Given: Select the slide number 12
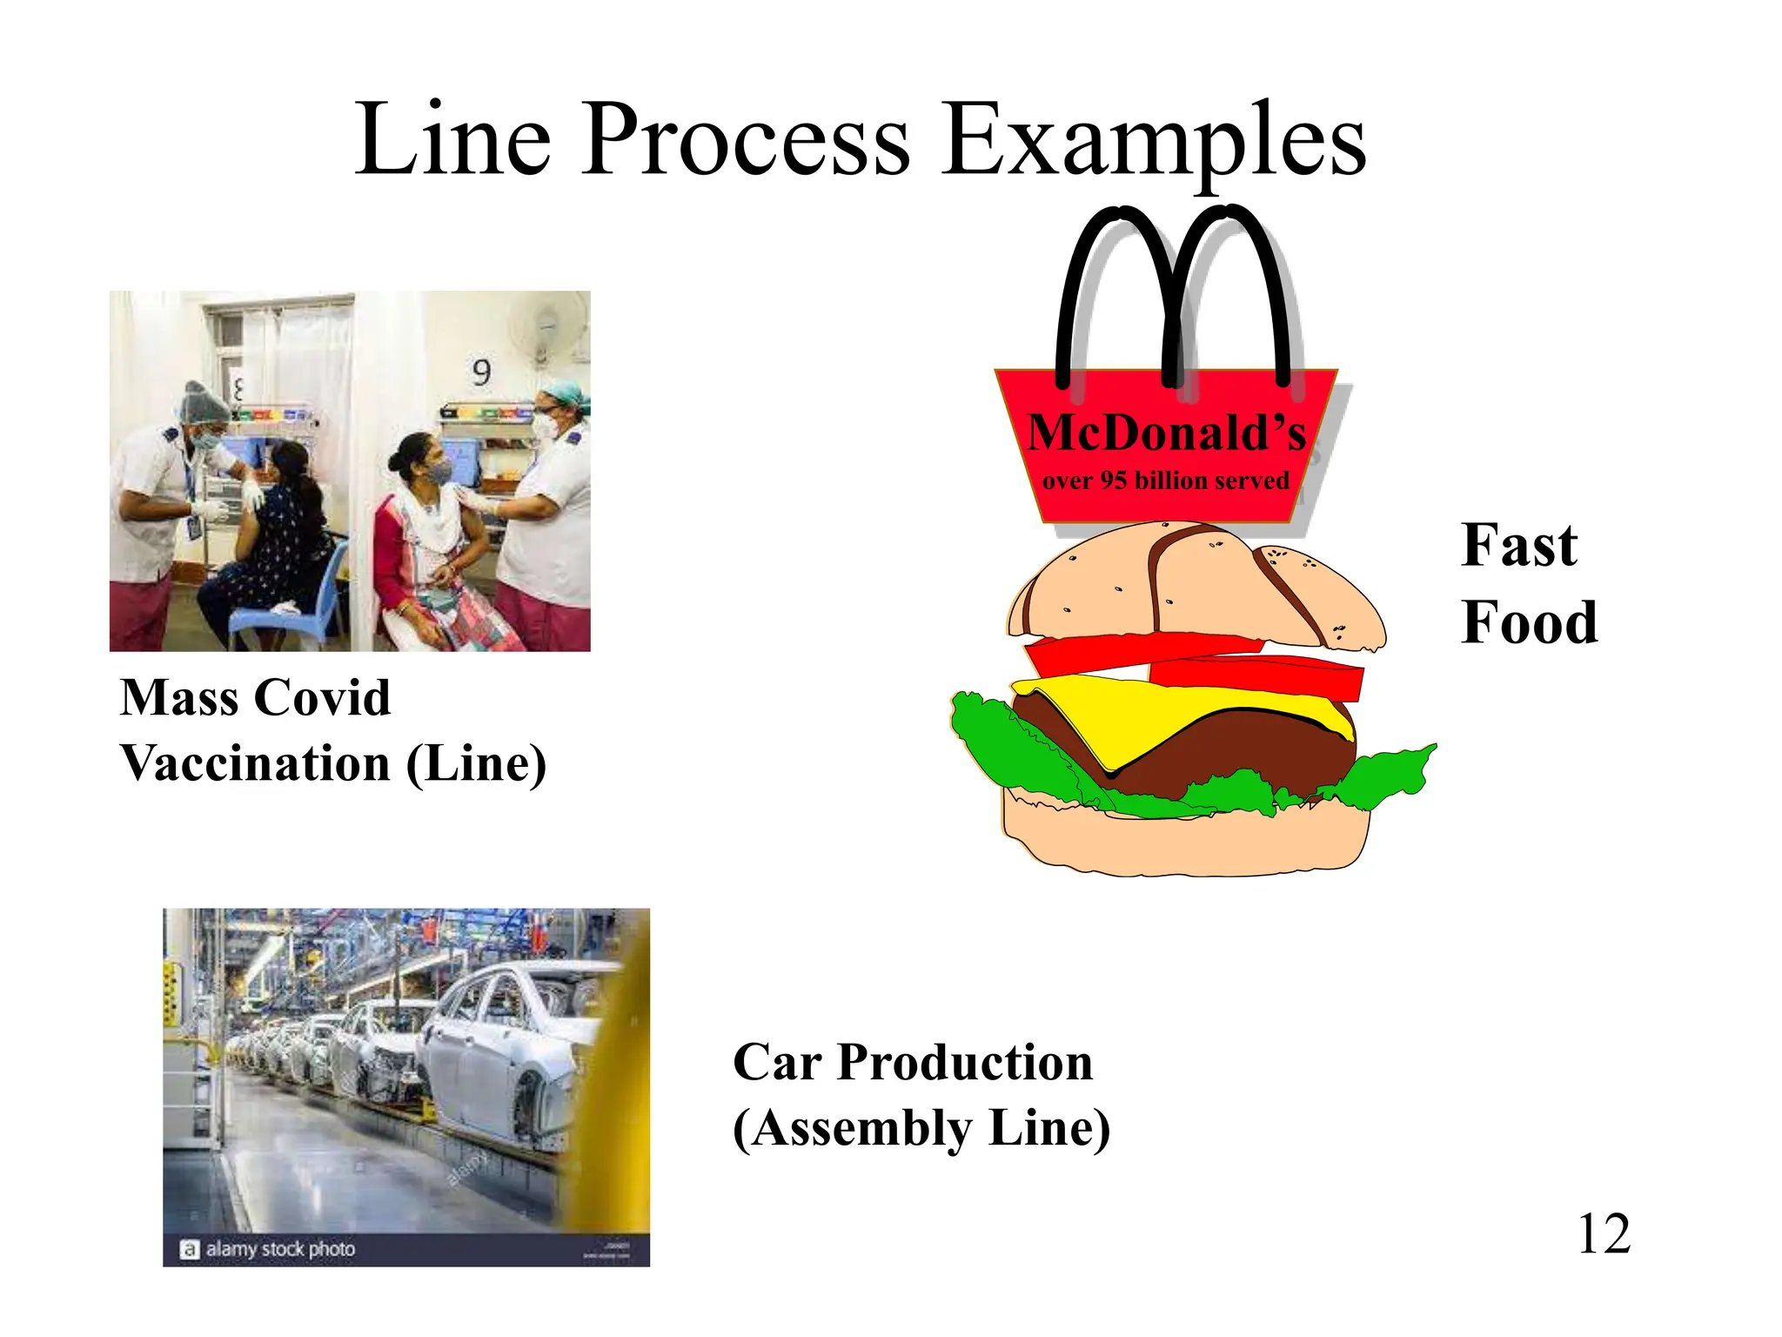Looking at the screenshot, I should (x=1603, y=1234).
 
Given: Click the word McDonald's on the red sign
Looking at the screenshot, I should (x=1166, y=433).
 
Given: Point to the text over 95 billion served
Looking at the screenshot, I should (x=1166, y=480).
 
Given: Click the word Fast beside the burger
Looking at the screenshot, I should (x=1518, y=546).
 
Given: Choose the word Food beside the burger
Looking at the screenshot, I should (x=1529, y=623).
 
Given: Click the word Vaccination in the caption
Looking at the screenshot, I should (x=255, y=763).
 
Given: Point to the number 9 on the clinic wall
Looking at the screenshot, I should (x=481, y=373).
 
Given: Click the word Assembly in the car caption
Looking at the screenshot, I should (x=862, y=1129).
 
